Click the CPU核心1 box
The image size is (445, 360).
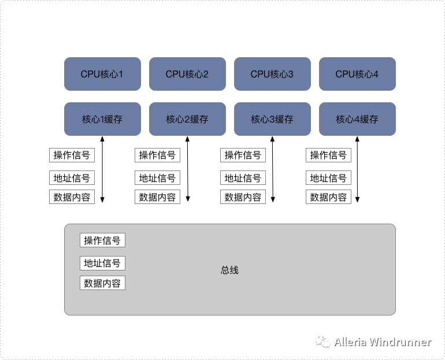click(x=102, y=74)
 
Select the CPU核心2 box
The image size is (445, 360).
click(x=187, y=74)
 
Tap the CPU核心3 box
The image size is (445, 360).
click(x=272, y=74)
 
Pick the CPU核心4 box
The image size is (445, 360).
click(x=357, y=74)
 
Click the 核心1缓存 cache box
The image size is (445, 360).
click(x=102, y=119)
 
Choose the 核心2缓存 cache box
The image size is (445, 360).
click(x=187, y=119)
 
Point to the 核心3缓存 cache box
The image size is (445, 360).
click(x=272, y=119)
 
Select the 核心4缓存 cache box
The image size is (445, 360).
click(x=357, y=119)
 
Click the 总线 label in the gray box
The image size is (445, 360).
click(x=229, y=270)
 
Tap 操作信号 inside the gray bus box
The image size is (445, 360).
click(x=102, y=240)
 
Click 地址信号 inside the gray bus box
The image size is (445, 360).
click(x=102, y=263)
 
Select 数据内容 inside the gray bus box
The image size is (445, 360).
click(x=102, y=283)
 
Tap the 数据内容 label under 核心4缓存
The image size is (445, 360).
click(x=328, y=197)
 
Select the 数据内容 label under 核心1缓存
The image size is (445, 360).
click(x=72, y=197)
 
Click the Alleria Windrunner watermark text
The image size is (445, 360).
click(x=383, y=342)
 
